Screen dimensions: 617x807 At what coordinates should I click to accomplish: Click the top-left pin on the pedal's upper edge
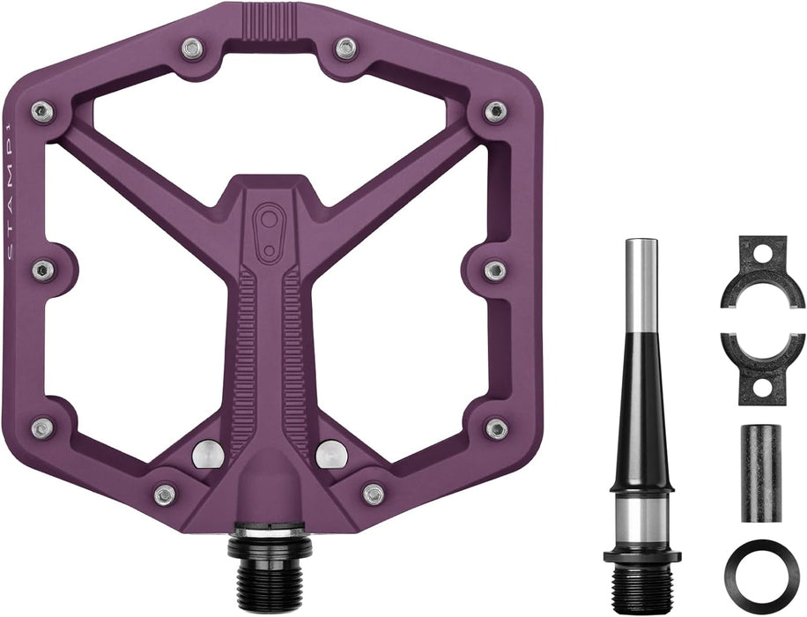tap(192, 48)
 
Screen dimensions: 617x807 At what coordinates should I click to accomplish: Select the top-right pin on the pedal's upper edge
tap(346, 48)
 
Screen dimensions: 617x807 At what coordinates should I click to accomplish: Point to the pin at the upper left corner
tap(42, 112)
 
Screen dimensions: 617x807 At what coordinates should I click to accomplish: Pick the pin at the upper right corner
tap(496, 112)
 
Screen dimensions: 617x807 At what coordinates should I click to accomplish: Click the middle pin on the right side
tap(495, 270)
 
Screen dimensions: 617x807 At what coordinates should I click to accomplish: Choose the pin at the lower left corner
tap(42, 429)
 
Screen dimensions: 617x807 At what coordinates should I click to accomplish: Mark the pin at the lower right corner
tap(496, 429)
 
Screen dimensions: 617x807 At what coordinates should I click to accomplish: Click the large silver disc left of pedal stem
tap(207, 453)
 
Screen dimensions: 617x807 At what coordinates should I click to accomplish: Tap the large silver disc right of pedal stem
tap(331, 453)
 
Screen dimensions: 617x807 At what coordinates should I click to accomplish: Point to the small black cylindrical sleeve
tap(760, 472)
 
